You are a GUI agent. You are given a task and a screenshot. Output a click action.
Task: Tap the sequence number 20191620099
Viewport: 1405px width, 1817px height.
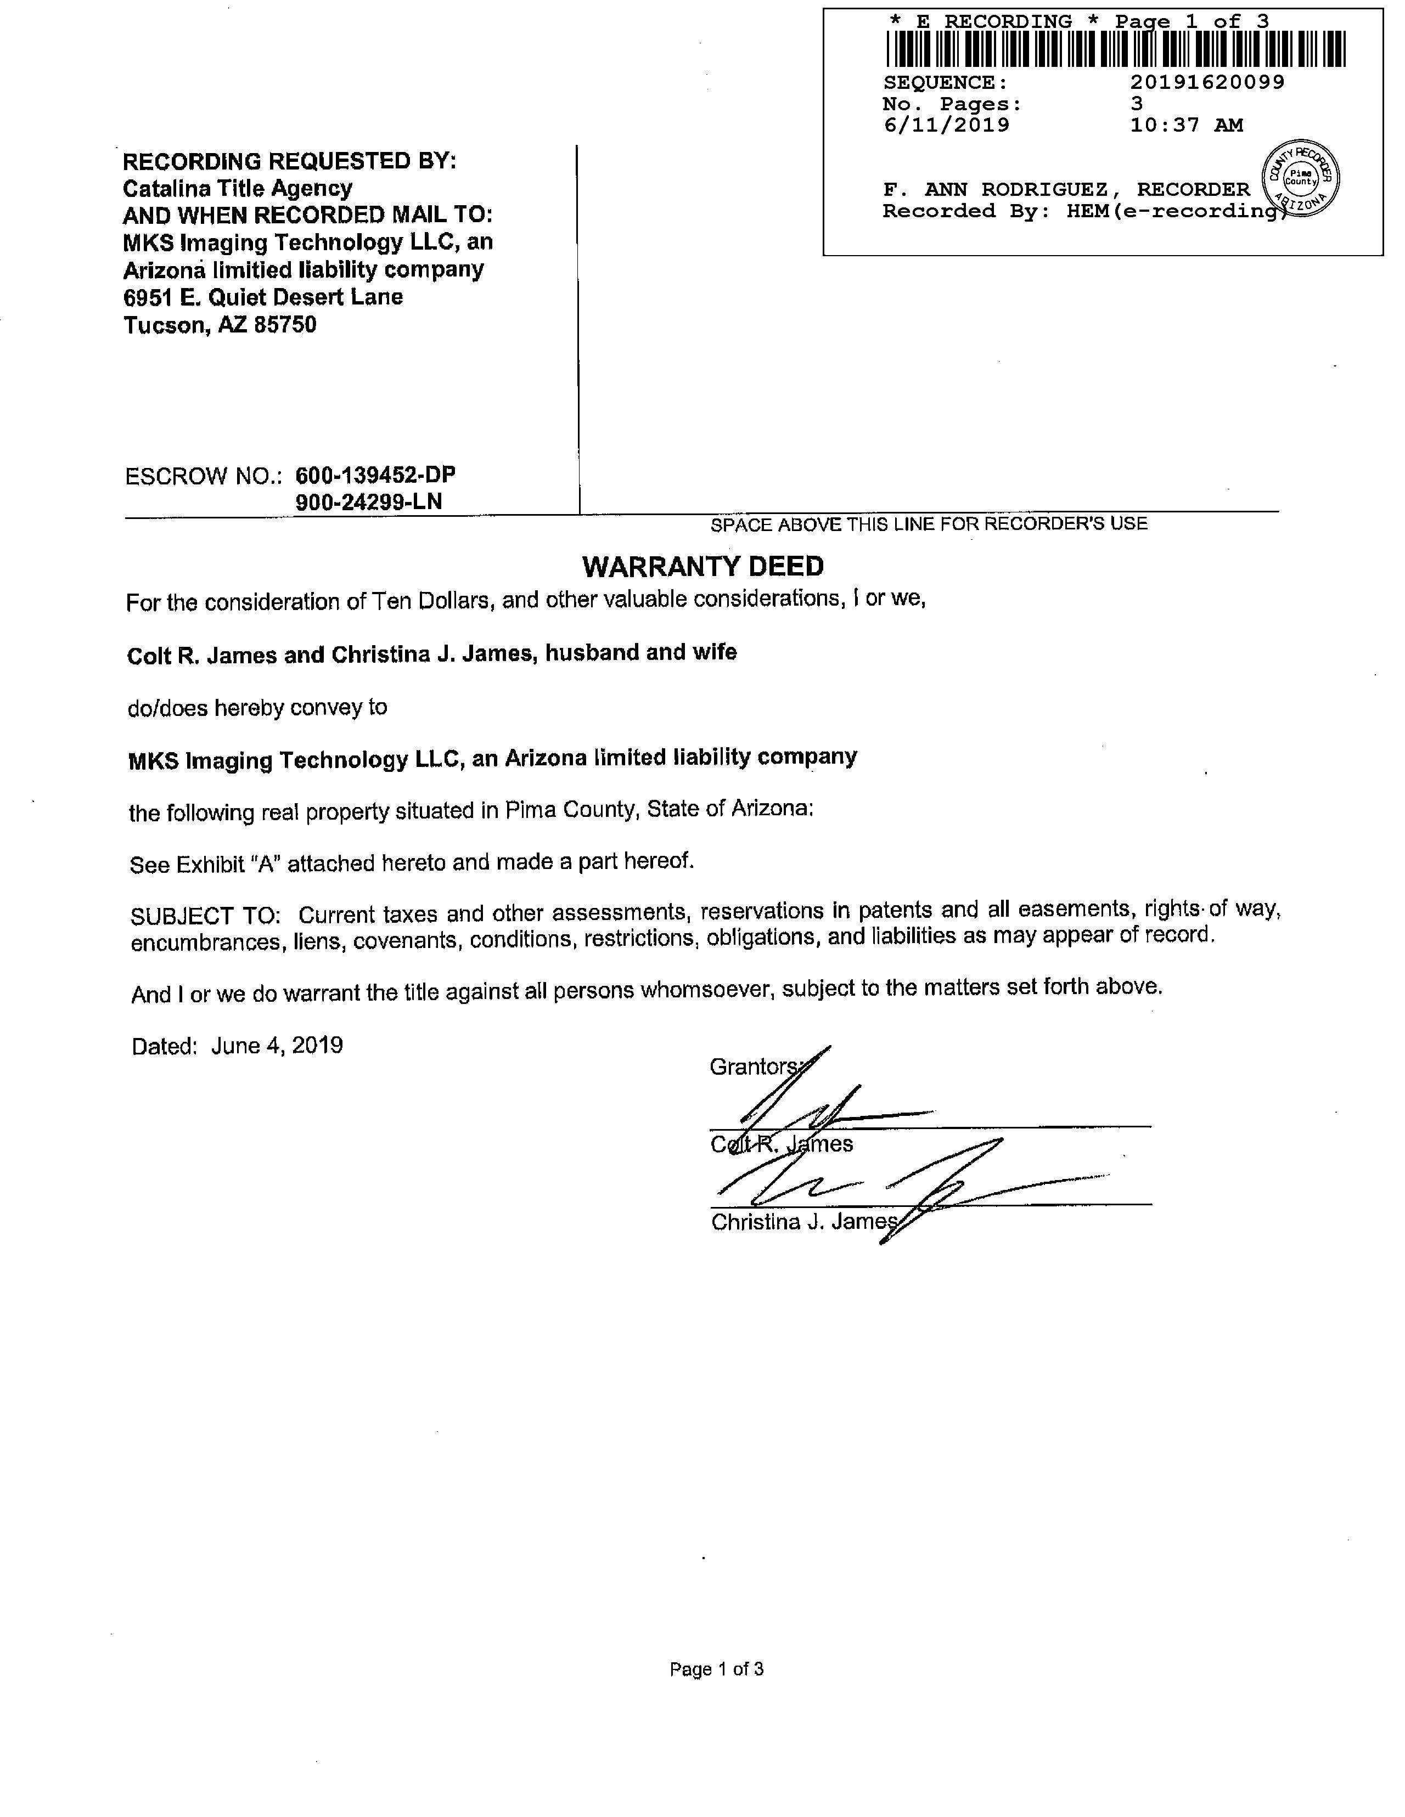[1207, 82]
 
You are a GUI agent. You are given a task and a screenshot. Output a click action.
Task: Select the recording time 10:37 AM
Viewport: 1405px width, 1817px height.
[1186, 126]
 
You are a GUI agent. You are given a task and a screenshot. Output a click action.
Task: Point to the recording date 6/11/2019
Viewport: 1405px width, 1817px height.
[946, 126]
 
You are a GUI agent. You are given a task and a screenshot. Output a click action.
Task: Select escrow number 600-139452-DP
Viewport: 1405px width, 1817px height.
[375, 475]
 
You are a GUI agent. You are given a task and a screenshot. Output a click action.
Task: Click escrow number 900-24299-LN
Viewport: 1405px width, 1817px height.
[369, 501]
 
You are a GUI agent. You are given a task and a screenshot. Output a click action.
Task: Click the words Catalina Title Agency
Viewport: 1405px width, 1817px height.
[238, 188]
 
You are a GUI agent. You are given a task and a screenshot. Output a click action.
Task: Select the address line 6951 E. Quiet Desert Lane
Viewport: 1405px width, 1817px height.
[263, 297]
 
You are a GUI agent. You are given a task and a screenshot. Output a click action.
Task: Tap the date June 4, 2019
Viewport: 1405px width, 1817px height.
[277, 1046]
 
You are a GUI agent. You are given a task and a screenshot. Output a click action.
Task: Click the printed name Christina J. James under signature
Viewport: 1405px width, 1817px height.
[804, 1222]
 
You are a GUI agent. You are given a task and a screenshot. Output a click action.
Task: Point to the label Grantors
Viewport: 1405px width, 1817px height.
[754, 1066]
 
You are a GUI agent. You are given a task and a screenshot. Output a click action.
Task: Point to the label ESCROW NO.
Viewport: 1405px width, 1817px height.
[203, 477]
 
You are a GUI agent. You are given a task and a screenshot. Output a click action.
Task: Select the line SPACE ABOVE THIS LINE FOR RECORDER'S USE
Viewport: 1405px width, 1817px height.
[929, 524]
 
